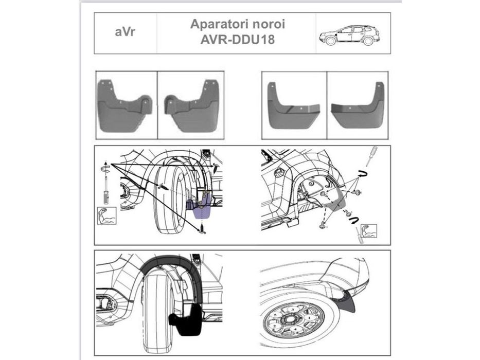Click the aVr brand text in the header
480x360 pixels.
[x=125, y=33]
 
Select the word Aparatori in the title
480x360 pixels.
[x=212, y=24]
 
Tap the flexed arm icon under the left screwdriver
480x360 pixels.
[x=107, y=215]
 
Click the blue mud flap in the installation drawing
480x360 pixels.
[x=202, y=208]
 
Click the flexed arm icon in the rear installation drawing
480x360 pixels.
[x=369, y=229]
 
